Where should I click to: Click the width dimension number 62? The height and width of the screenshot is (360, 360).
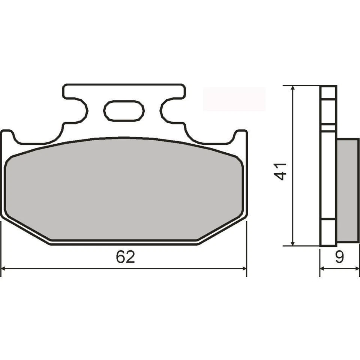tap(125, 257)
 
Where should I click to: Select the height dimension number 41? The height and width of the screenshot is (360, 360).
tap(282, 171)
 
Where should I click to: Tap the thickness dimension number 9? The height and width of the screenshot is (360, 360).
tap(339, 257)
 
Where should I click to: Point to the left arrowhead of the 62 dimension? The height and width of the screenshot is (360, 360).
tap(4, 268)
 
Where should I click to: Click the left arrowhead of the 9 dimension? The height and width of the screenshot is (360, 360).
tap(322, 268)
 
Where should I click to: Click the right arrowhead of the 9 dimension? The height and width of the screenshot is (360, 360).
tap(356, 268)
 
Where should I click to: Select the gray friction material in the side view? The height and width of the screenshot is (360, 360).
tap(348, 190)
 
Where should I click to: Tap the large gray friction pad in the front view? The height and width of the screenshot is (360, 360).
tap(124, 189)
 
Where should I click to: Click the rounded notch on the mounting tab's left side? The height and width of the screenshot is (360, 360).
tap(81, 110)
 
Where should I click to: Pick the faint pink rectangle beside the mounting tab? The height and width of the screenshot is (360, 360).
tap(234, 99)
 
